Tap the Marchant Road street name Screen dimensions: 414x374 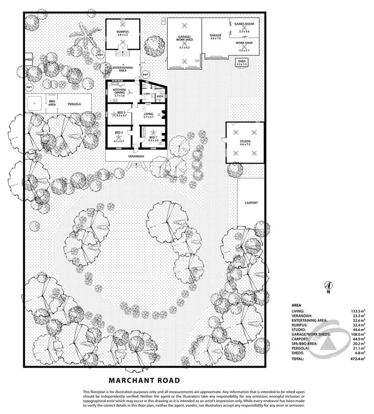tap(144, 381)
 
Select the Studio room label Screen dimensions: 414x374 tap(245, 142)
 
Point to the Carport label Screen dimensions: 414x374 tap(251, 203)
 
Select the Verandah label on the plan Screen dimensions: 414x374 tap(136, 156)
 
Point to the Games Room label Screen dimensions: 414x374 tap(244, 24)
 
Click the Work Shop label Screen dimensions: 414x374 tap(244, 43)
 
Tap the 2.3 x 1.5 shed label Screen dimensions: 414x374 tap(242, 63)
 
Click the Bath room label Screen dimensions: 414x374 tap(160, 97)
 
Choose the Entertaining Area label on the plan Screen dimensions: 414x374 tap(123, 69)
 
